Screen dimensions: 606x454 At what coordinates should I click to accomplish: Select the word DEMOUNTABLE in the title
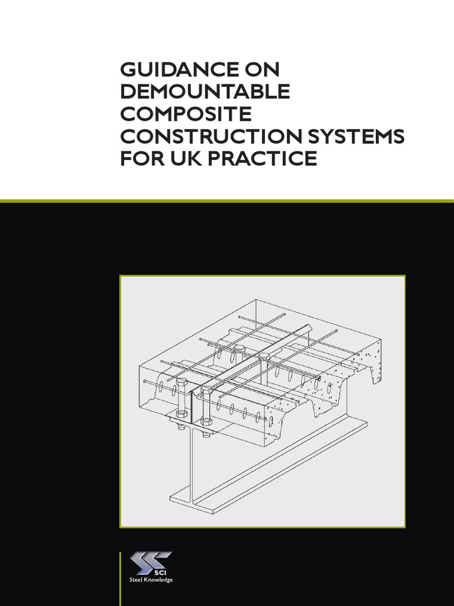205,92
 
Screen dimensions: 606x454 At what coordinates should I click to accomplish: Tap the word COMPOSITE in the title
186,114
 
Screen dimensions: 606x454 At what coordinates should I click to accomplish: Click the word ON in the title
261,70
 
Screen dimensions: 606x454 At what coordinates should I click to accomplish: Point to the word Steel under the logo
136,581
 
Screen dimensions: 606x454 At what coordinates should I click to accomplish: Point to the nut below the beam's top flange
206,422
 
